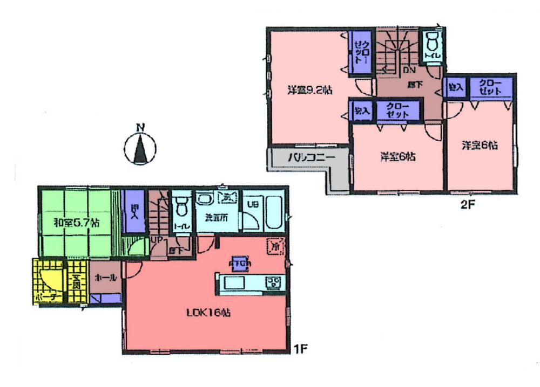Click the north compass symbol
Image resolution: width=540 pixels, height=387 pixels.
pyautogui.click(x=140, y=146)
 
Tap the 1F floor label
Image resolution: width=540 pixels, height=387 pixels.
pyautogui.click(x=300, y=348)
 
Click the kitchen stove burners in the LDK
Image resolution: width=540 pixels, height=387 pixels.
pyautogui.click(x=275, y=281)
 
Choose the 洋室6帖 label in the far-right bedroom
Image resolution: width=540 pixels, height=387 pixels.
pyautogui.click(x=479, y=145)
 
